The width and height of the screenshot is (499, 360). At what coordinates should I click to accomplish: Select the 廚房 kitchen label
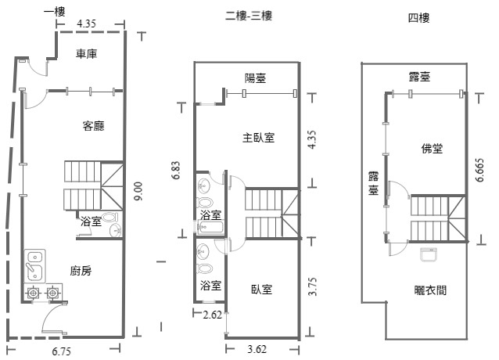click(81, 271)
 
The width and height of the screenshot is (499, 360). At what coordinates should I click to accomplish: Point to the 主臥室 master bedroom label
click(258, 138)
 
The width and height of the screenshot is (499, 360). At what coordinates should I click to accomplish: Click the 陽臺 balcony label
click(256, 77)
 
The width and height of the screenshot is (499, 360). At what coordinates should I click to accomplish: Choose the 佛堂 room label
click(432, 148)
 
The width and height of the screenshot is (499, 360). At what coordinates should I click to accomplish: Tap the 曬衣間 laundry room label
click(430, 290)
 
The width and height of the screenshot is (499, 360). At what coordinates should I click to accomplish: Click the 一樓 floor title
click(54, 11)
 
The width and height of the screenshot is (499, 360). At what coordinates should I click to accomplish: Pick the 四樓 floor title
click(419, 16)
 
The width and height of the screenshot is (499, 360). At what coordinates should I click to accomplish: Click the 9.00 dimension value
click(138, 193)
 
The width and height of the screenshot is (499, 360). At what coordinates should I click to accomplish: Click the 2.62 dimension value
click(212, 315)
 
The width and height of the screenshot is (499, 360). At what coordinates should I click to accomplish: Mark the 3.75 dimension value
click(312, 290)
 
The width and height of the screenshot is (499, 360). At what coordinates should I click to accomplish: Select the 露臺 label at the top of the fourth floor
click(420, 77)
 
